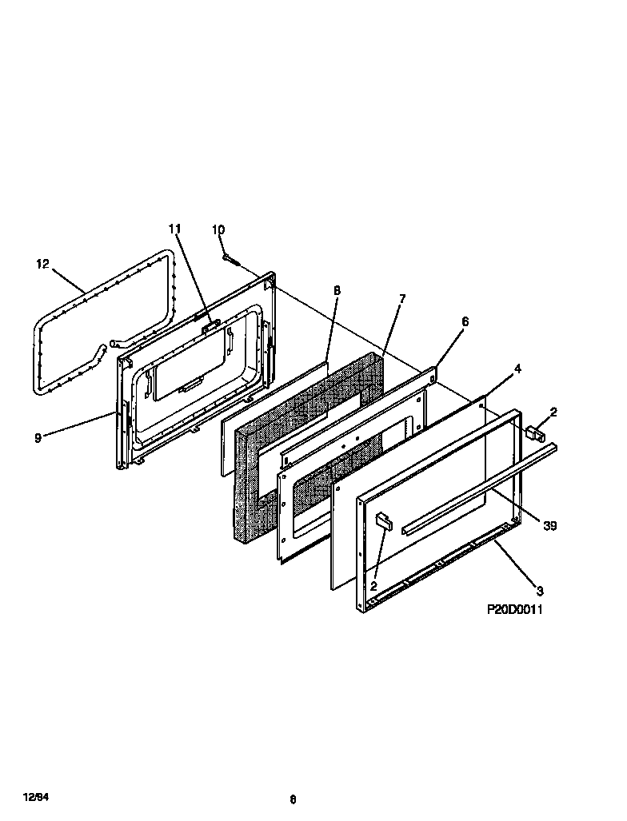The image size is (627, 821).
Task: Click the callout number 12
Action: point(42,264)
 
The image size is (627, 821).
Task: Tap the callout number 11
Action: point(175,229)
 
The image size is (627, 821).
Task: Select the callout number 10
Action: point(218,230)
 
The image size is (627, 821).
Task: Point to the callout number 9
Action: point(38,436)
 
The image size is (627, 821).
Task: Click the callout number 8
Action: point(337,290)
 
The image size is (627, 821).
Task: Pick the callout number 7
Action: point(402,298)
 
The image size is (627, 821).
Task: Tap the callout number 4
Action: point(517,369)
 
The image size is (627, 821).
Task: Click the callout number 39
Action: point(549,525)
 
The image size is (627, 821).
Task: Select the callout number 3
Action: point(540,591)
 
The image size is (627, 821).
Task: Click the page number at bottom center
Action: point(293,798)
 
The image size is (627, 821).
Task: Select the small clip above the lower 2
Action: point(383,520)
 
